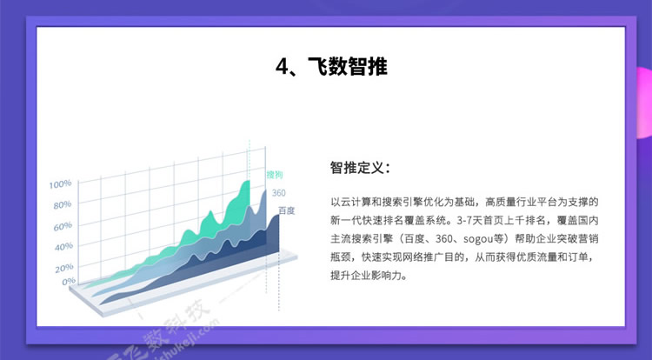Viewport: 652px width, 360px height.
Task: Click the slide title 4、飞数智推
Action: (x=331, y=66)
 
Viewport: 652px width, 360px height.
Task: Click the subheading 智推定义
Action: (x=361, y=168)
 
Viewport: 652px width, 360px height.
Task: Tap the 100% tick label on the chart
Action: (x=60, y=183)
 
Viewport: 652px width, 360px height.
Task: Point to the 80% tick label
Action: (x=63, y=205)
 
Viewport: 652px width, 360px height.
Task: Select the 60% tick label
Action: (x=63, y=227)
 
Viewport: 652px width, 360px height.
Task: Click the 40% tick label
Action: (x=63, y=247)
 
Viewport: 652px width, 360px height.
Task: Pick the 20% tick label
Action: (x=64, y=268)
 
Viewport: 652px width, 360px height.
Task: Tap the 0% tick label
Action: (x=69, y=282)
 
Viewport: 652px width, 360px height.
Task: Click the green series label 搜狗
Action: (x=275, y=175)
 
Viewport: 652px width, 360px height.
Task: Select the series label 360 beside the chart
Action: (x=278, y=193)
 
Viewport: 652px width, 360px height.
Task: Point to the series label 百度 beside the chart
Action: (x=287, y=210)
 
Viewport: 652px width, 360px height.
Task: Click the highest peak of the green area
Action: (x=249, y=181)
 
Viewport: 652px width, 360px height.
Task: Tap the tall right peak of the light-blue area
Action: (x=264, y=190)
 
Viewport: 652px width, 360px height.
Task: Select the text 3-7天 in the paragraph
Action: (x=469, y=220)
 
